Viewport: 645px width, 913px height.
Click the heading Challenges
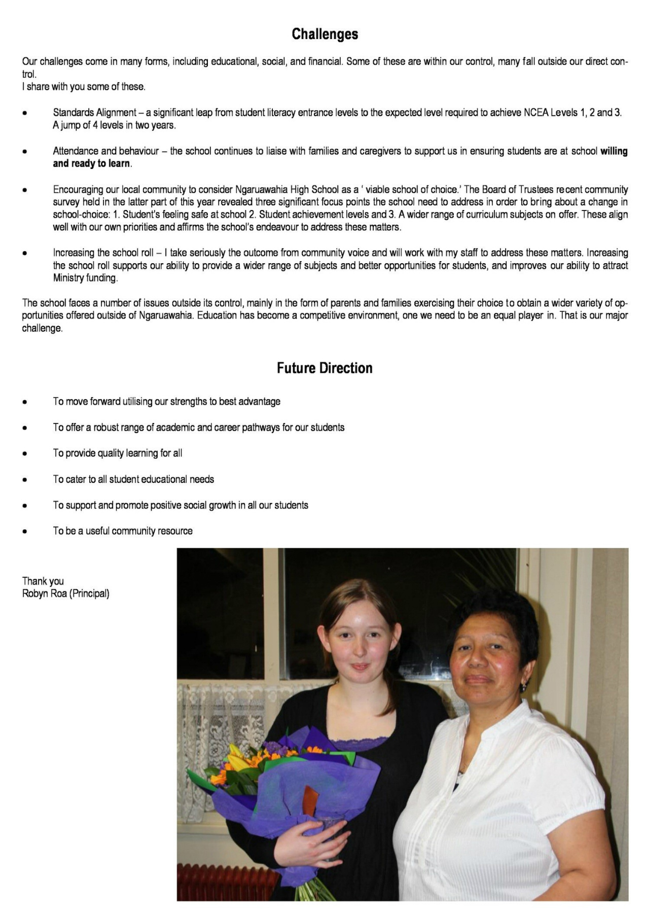click(x=325, y=34)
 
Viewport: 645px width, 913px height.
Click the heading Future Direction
click(x=325, y=368)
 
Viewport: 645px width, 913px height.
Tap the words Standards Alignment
click(x=95, y=113)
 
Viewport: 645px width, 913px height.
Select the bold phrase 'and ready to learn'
click(x=91, y=163)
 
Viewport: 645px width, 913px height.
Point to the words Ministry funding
click(x=85, y=278)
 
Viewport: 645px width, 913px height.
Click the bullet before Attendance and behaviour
click(x=24, y=152)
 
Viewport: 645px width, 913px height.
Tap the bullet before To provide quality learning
click(x=24, y=453)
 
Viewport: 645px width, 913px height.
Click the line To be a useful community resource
click(x=123, y=531)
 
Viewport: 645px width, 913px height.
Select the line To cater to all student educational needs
click(x=133, y=479)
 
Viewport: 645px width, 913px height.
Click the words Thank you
click(x=43, y=581)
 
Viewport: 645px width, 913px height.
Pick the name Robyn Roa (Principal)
click(x=66, y=593)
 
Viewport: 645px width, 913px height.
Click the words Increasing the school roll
click(x=103, y=253)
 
